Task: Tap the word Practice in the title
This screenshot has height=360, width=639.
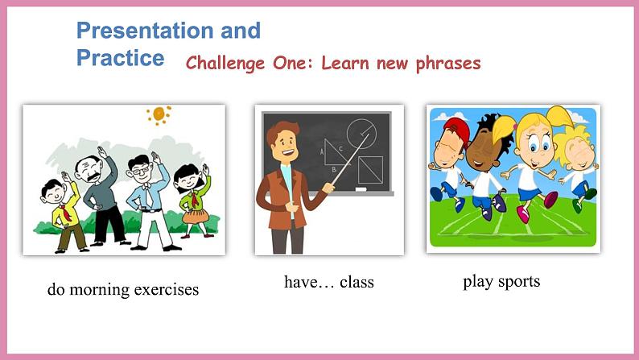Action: pos(120,58)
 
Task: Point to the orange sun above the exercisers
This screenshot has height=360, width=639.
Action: pos(159,114)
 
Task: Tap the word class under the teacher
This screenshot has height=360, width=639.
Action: pos(357,283)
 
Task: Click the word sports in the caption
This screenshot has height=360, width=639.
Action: pos(517,281)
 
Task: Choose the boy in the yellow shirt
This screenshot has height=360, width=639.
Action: pos(64,213)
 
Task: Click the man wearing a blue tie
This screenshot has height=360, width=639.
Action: pos(147,197)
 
